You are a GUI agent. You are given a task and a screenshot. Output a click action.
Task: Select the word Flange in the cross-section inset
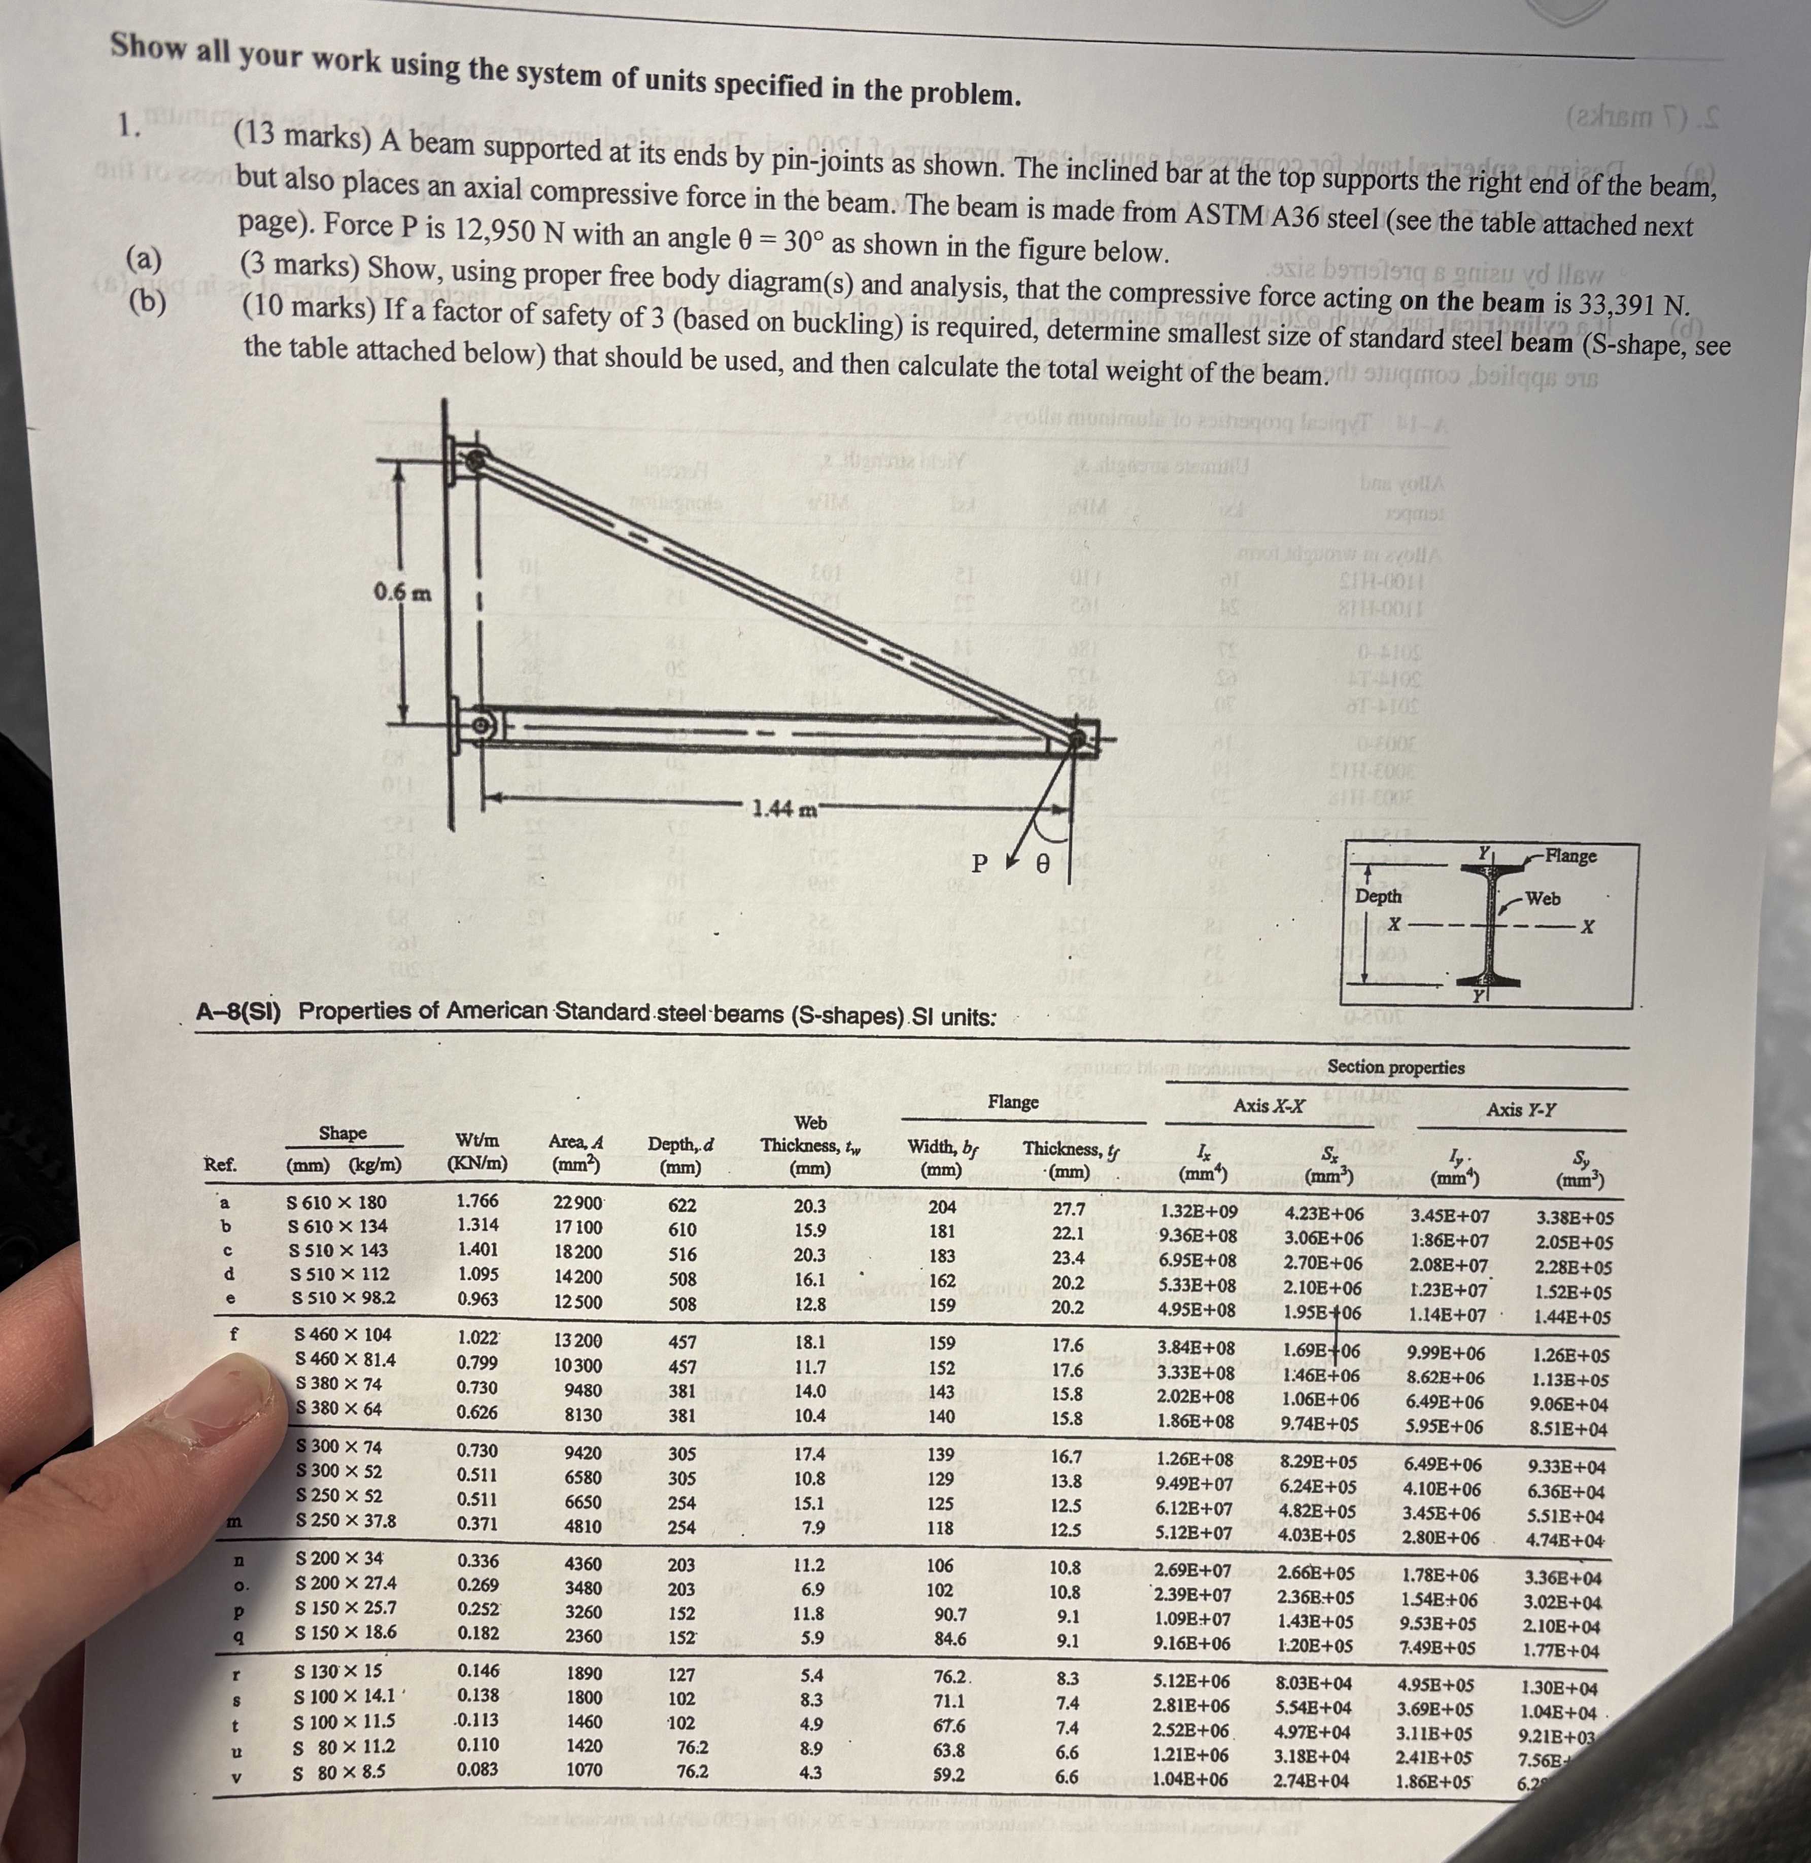(1570, 856)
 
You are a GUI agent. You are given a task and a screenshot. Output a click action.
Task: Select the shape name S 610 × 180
(337, 1202)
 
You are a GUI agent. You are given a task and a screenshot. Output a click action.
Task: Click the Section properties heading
(1395, 1067)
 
